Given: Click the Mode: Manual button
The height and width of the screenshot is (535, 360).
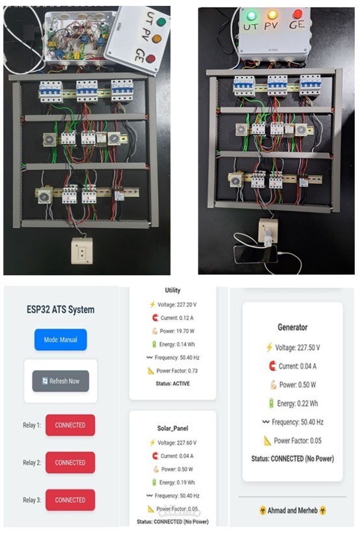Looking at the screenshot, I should coord(61,340).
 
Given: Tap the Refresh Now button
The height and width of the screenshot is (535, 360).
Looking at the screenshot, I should coord(61,381).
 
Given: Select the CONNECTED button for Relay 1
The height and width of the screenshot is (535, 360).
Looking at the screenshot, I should coord(70,425).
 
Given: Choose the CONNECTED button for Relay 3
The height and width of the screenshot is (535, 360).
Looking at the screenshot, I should coord(70,500).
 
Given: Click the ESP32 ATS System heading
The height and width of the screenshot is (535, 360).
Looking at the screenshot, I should coord(61,309).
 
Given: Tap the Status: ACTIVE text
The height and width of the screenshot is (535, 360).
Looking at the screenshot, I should coord(173,384).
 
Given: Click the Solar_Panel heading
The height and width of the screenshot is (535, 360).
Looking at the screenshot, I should coord(173,428).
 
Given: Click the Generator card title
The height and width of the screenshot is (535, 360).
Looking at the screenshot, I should coord(292,327).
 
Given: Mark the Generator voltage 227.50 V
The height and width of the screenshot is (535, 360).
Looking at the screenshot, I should coord(300,348).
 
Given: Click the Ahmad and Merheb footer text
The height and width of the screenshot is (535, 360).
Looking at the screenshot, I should coord(292,510).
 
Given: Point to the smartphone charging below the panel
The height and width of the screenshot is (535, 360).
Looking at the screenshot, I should coord(255,253).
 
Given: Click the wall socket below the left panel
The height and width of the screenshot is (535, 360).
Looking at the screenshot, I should coord(82,251).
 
